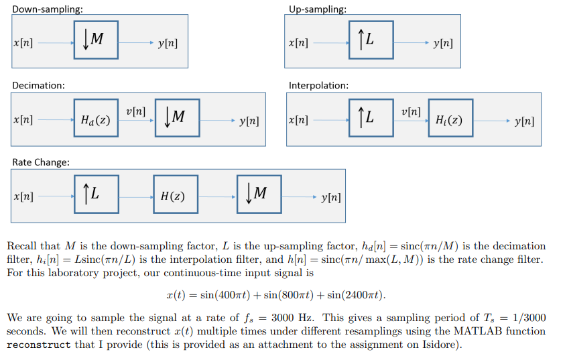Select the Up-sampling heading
tap(318, 9)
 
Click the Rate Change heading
tap(40, 162)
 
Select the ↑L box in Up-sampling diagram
tap(371, 41)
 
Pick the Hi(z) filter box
tap(450, 119)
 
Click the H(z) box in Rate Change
tap(175, 195)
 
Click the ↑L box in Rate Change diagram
tap(95, 194)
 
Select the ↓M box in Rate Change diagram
tap(259, 194)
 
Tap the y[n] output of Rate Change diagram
tap(331, 197)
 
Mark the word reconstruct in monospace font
tap(38, 345)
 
